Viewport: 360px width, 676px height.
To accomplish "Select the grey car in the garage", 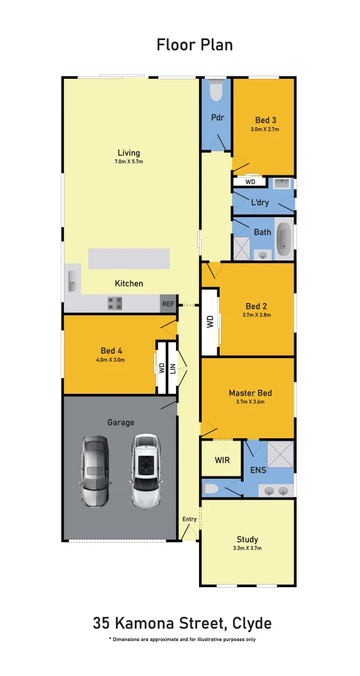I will pyautogui.click(x=95, y=471).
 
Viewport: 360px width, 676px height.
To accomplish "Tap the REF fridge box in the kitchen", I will pyautogui.click(x=168, y=304).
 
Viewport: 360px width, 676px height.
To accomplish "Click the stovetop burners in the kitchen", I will pyautogui.click(x=115, y=304).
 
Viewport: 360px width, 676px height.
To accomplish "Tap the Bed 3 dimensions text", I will pyautogui.click(x=265, y=130).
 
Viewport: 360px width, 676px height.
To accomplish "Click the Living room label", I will pyautogui.click(x=129, y=153).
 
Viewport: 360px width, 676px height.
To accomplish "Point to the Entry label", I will pyautogui.click(x=189, y=519).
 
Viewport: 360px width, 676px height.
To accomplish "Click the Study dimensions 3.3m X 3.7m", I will pyautogui.click(x=247, y=548).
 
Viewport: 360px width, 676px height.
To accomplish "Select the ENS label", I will pyautogui.click(x=257, y=469).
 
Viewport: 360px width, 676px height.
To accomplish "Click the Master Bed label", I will pyautogui.click(x=250, y=393).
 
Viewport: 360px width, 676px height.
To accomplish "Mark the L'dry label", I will pyautogui.click(x=260, y=203).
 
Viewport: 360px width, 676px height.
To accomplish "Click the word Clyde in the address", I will pyautogui.click(x=252, y=623).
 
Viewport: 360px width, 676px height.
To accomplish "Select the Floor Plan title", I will pyautogui.click(x=195, y=44).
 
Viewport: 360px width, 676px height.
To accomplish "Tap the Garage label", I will pyautogui.click(x=120, y=422).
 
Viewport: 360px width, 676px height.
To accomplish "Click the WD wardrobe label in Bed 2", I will pyautogui.click(x=210, y=322).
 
